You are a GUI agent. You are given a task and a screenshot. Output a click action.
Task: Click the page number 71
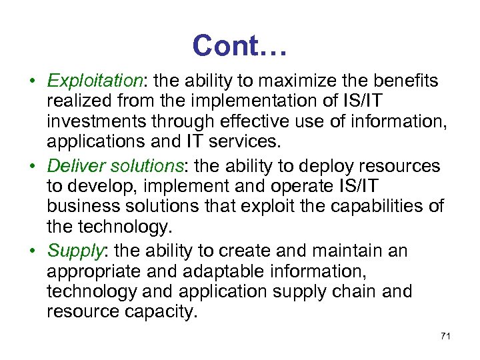click(x=446, y=336)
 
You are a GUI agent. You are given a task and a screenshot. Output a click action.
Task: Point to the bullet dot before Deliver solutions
click(x=32, y=167)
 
